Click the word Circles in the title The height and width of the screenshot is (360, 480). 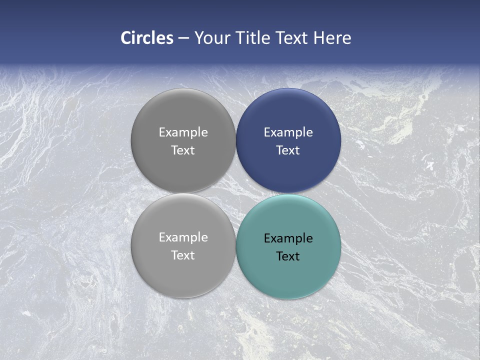point(147,38)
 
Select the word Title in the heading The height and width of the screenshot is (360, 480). point(253,38)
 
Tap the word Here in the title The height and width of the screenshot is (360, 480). point(332,38)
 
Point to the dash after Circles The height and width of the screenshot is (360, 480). point(183,38)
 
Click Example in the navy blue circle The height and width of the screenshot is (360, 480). point(288,132)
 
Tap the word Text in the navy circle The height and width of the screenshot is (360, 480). point(288,150)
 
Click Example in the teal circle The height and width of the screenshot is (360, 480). point(288,238)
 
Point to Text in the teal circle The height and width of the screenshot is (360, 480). point(288,256)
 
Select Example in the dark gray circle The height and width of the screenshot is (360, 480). point(183,132)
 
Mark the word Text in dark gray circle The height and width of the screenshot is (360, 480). point(183,150)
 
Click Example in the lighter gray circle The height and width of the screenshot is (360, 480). point(183,237)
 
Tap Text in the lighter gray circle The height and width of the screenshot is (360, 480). point(183,255)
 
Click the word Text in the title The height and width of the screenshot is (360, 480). point(292,38)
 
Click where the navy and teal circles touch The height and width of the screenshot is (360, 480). point(288,193)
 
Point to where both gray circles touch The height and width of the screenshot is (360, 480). point(183,193)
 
